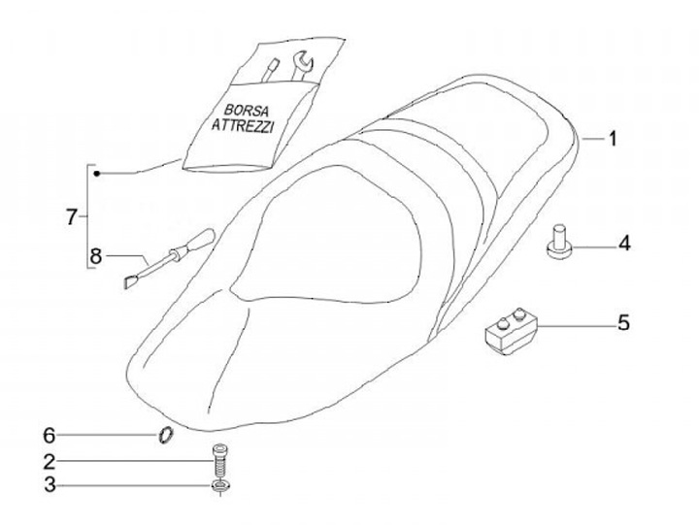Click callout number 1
pos(614,140)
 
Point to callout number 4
pos(625,243)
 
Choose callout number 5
pos(625,322)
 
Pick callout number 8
pos(95,256)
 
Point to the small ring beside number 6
pos(166,434)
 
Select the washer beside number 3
pos(219,483)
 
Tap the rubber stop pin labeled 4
pos(560,243)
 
